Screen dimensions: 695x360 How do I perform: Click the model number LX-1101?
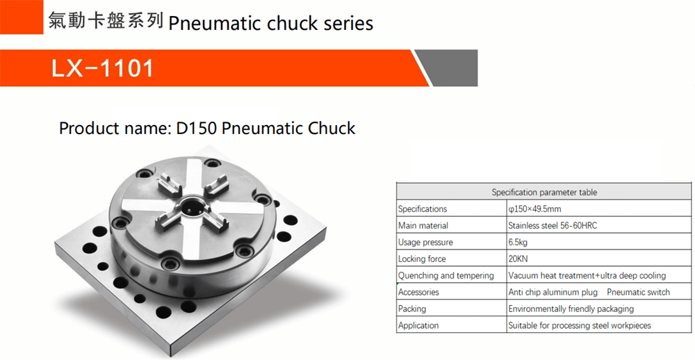[103, 69]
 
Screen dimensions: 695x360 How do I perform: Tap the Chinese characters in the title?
[106, 21]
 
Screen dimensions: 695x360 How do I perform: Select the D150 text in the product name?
[197, 128]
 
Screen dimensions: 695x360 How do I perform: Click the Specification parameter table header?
[544, 193]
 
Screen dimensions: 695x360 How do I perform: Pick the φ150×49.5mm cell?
[534, 208]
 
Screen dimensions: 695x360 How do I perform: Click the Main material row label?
[423, 226]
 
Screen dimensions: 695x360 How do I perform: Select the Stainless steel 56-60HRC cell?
[553, 226]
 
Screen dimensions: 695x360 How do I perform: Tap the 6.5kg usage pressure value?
[518, 243]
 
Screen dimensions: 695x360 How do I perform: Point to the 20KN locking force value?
[518, 259]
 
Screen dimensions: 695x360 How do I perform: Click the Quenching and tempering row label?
[446, 276]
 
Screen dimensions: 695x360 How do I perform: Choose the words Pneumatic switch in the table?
[638, 292]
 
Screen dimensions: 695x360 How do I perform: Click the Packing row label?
[411, 309]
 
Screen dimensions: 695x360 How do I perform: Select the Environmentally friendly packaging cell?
[571, 309]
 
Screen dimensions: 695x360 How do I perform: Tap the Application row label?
[418, 325]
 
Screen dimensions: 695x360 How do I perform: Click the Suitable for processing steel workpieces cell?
[580, 325]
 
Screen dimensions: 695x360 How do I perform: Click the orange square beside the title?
[22, 17]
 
